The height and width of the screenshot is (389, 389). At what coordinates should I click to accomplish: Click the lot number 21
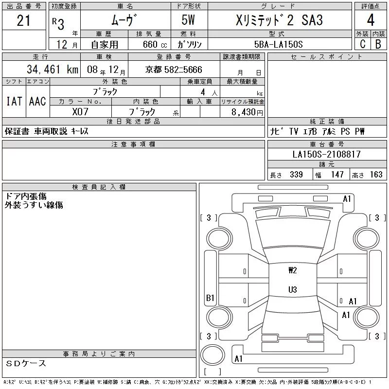[23, 20]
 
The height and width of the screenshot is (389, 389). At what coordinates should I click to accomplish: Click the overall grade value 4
[371, 20]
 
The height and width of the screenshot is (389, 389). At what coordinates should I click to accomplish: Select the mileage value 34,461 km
[53, 70]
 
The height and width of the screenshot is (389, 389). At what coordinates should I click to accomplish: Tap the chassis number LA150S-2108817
[326, 154]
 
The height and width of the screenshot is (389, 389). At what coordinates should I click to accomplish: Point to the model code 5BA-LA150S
[278, 44]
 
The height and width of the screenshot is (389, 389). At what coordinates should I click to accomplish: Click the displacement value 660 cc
[155, 45]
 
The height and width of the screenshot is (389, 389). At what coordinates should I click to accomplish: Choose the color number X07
[80, 112]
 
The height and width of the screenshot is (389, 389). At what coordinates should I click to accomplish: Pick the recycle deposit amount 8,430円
[247, 112]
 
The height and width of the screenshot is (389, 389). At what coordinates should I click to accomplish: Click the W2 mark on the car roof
[293, 270]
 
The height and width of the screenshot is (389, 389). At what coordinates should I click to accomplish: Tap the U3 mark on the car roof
[293, 289]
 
